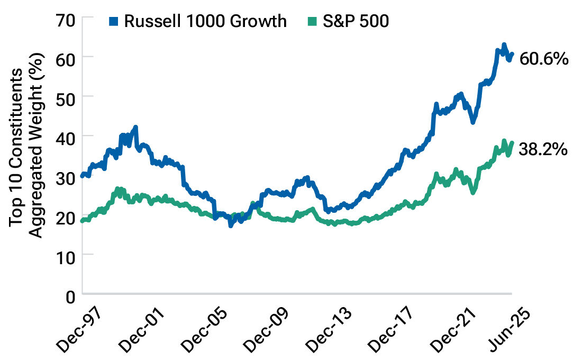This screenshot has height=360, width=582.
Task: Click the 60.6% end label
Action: tap(544, 58)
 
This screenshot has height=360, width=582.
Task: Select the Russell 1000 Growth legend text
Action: tap(205, 21)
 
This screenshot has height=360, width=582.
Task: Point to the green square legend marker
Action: tap(312, 21)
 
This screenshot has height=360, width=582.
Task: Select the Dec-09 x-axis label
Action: tap(266, 328)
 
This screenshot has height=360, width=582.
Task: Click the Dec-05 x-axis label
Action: tap(205, 328)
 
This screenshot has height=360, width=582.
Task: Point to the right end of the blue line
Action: tap(512, 54)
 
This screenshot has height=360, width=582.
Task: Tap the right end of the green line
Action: tap(512, 142)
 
